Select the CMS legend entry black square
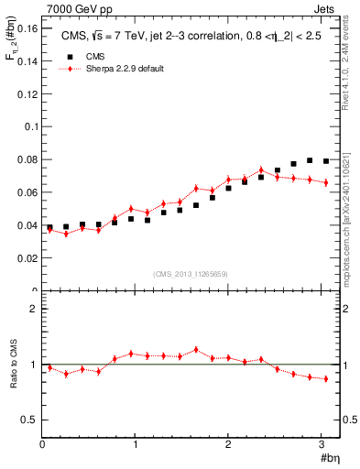63,56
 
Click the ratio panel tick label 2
33,309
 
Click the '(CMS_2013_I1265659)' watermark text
191,274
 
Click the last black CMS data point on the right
326,161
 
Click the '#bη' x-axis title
330,457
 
